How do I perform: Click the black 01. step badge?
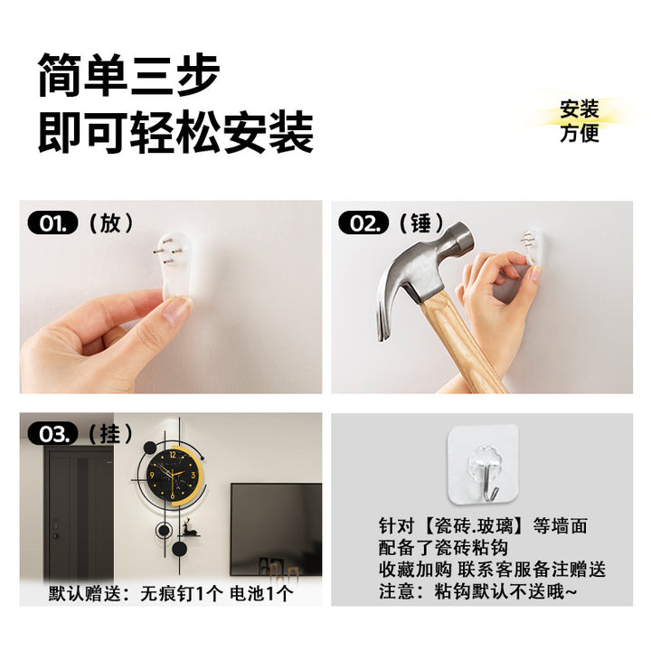tap(52, 222)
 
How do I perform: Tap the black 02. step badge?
tap(363, 222)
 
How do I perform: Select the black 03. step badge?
tap(52, 434)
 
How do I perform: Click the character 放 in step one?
tap(110, 223)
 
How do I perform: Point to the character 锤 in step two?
tap(421, 223)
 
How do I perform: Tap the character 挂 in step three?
tap(110, 434)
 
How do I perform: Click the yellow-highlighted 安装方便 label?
tap(580, 121)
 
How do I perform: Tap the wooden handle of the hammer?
tap(461, 344)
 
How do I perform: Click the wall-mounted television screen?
tap(276, 529)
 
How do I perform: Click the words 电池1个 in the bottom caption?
tap(261, 593)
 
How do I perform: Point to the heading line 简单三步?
tap(128, 75)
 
